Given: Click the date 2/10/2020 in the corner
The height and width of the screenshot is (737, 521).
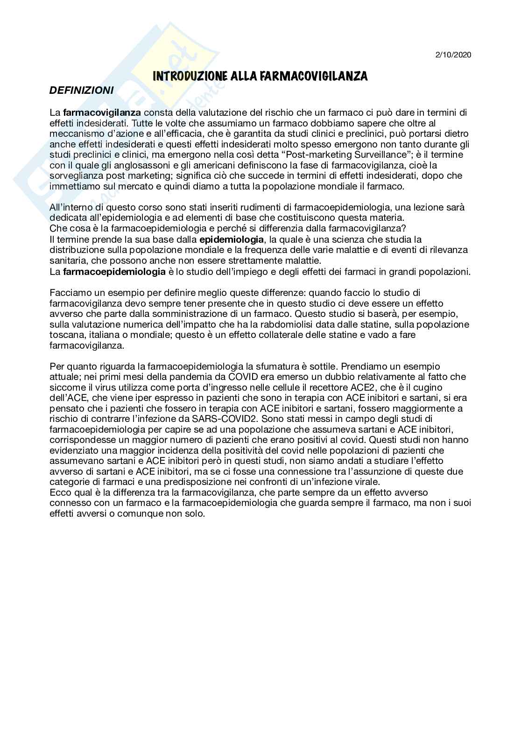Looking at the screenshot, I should point(453,55).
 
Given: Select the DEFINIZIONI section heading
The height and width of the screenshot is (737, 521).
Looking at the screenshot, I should point(81,91).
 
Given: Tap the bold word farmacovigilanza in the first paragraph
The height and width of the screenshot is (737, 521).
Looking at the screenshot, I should point(102,112).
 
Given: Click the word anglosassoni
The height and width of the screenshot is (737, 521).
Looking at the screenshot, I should point(124,165).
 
